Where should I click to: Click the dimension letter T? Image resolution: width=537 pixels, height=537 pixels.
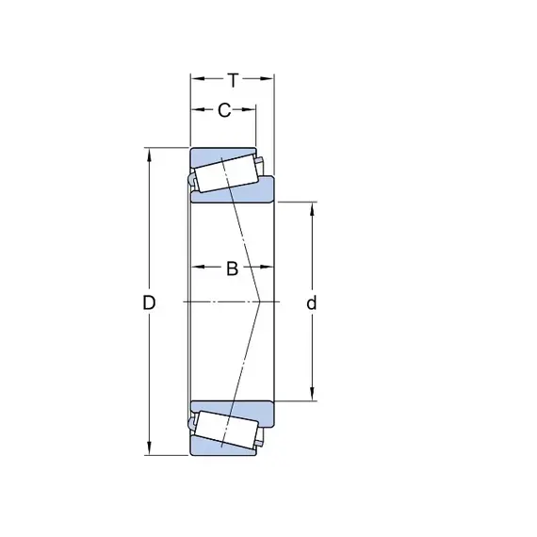pyautogui.click(x=233, y=81)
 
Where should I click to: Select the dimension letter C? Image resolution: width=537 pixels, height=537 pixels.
pyautogui.click(x=224, y=110)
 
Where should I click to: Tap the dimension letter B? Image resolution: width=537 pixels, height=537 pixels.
pyautogui.click(x=232, y=268)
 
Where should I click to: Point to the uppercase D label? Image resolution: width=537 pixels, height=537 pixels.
pyautogui.click(x=149, y=302)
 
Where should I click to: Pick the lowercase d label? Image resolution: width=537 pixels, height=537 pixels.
pyautogui.click(x=311, y=302)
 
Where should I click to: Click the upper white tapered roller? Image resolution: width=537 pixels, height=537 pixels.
pyautogui.click(x=226, y=173)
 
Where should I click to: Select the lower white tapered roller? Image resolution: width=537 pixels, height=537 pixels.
pyautogui.click(x=226, y=430)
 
